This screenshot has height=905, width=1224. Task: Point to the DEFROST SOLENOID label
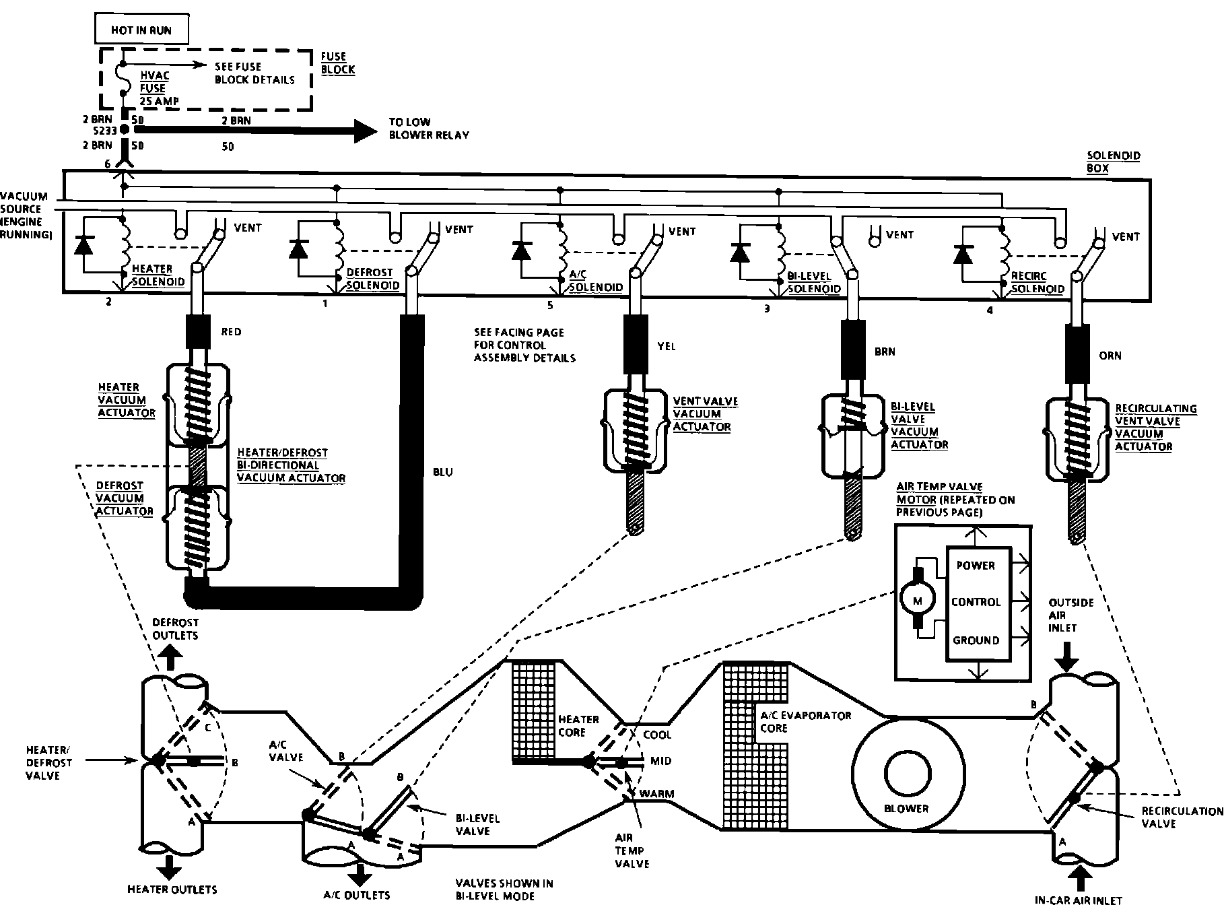pos(372,279)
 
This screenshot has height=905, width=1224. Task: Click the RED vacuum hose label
pos(231,332)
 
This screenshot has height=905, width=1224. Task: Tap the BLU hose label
pos(442,472)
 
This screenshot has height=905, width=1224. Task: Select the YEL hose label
pos(666,347)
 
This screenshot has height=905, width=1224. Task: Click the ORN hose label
pos(1110,356)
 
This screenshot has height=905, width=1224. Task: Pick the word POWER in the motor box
pos(976,566)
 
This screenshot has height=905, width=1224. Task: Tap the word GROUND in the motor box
pos(976,640)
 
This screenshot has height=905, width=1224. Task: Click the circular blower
pos(906,774)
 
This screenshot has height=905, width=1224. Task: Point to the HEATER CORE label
pos(578,726)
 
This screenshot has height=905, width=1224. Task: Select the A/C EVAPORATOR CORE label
pos(806,722)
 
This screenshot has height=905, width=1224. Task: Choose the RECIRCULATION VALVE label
pos(1182,817)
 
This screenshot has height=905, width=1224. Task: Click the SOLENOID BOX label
pos(1114,162)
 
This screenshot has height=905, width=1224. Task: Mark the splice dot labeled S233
pos(125,133)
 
